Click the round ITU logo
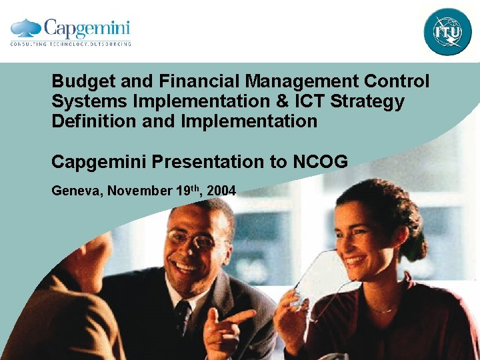tap(447, 31)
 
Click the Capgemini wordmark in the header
tap(87, 28)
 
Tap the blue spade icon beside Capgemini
tap(26, 27)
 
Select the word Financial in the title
tap(200, 82)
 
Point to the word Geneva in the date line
tap(75, 191)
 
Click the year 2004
tap(221, 191)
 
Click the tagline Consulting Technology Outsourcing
tap(71, 44)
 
